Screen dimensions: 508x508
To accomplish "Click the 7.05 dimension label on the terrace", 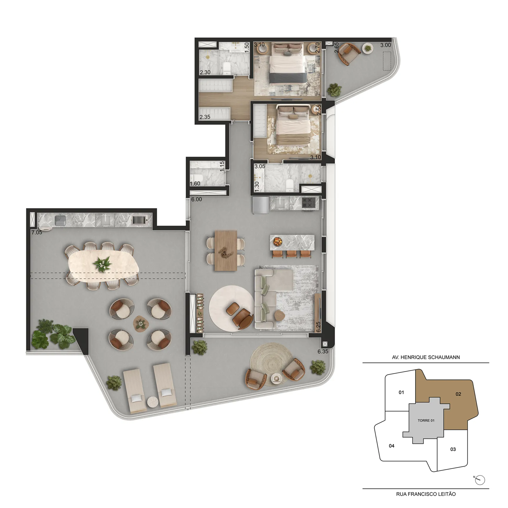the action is tap(37, 232).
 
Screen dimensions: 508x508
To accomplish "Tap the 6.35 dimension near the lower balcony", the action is tap(323, 351).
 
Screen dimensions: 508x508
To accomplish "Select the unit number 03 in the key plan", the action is tap(453, 449).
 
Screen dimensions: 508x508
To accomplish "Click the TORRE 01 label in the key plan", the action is tap(426, 420).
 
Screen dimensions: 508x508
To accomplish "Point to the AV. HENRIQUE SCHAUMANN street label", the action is tap(426, 357).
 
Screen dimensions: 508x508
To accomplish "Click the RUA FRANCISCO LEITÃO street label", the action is tap(426, 494).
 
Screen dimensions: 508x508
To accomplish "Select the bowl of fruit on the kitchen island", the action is tap(278, 241).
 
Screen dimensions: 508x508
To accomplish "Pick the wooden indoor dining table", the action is tap(226, 250).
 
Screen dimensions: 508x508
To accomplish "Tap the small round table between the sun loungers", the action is tap(153, 402).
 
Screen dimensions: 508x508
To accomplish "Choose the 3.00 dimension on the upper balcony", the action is tap(386, 45).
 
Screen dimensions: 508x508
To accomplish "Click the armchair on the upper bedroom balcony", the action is tap(349, 54).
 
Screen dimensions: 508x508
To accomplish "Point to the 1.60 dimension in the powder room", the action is tap(195, 183).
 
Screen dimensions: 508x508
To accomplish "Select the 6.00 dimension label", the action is tap(196, 199).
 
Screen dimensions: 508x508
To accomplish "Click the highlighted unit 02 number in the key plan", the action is tap(458, 394).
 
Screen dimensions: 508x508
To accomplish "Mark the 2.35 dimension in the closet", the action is tap(205, 117).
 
